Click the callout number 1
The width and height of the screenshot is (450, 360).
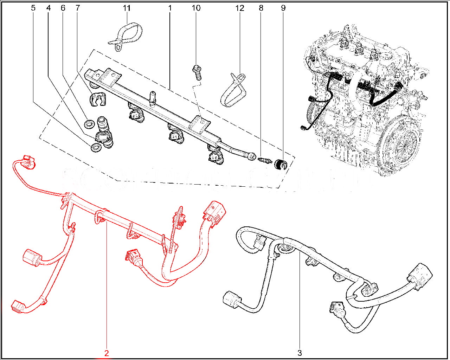tap(170, 8)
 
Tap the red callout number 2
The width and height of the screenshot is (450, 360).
tap(107, 353)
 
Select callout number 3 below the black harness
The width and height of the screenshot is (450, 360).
tap(300, 353)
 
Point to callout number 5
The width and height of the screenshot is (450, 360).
tap(33, 8)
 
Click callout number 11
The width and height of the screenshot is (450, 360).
tap(127, 8)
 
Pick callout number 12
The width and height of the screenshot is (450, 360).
tap(240, 8)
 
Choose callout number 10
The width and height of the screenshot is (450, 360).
tap(196, 8)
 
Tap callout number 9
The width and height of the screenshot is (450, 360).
tap(283, 8)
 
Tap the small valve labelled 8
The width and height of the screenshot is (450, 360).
tap(264, 161)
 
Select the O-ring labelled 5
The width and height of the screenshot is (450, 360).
tap(95, 148)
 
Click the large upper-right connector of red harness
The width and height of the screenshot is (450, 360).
tap(215, 212)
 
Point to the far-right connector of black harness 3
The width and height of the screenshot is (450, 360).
tap(420, 276)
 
